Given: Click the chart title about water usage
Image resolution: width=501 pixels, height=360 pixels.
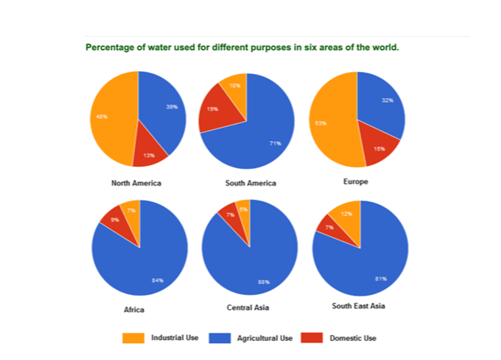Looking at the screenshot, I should [242, 48].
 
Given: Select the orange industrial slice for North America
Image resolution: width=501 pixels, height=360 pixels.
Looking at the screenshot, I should [113, 117].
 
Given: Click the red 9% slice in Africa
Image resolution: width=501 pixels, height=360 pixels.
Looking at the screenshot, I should [114, 221].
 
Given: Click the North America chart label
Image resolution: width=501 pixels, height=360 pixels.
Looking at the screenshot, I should [136, 183].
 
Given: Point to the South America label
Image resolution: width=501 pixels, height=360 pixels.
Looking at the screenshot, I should [250, 183].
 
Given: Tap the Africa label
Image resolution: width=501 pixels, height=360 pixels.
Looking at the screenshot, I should [134, 309].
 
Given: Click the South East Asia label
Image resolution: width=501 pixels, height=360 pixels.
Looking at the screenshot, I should [360, 307].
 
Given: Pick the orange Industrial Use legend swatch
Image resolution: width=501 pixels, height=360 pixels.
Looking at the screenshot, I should [134, 338].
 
